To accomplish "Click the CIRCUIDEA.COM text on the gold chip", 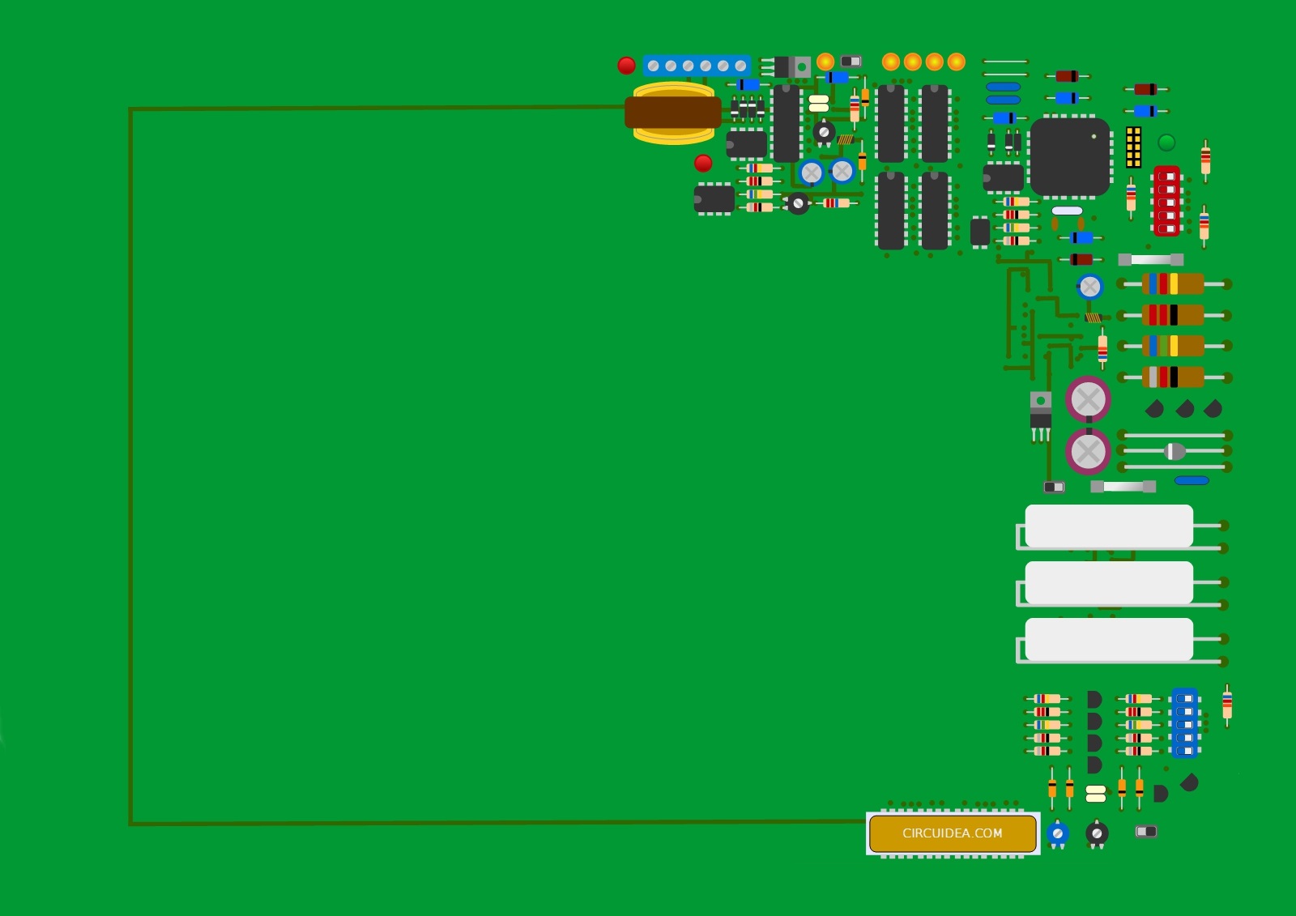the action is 953,833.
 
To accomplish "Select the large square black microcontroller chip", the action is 1070,157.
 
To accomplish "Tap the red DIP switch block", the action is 1167,202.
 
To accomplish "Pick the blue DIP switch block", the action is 1184,722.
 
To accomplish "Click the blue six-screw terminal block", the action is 697,66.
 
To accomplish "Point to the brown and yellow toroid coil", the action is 673,113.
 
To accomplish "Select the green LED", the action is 1166,143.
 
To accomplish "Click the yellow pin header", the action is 1133,147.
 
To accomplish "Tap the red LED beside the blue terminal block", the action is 627,66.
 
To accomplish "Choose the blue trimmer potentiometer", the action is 1058,834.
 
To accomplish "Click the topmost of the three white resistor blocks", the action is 1109,526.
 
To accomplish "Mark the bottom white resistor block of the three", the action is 1109,639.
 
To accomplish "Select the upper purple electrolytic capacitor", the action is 1089,399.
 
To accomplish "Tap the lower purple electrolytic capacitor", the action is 1089,451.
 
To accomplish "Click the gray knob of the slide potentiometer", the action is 1174,451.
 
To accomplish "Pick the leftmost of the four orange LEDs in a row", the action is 891,62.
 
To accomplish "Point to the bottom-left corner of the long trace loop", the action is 131,824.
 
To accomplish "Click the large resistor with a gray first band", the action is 1174,377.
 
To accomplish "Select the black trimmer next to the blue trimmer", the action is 1097,834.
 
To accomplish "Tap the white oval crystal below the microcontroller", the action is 1067,211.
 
